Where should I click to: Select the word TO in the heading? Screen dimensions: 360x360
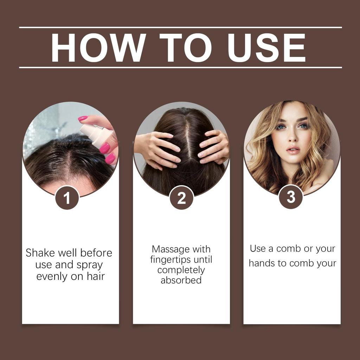(x=185, y=47)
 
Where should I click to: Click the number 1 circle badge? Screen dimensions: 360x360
(x=67, y=198)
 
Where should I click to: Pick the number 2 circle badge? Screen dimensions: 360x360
(x=181, y=198)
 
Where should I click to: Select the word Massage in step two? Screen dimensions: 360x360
(x=171, y=249)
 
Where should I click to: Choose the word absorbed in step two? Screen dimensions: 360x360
(x=181, y=280)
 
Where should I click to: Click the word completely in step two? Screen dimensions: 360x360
(x=181, y=270)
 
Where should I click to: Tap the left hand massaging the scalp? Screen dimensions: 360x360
(x=158, y=148)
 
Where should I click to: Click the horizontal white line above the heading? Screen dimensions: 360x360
(x=180, y=27)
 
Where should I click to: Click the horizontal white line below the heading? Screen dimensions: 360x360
(x=180, y=67)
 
